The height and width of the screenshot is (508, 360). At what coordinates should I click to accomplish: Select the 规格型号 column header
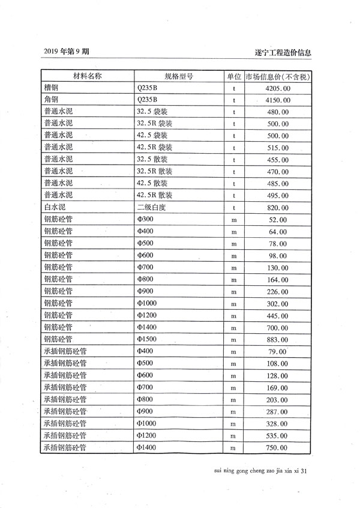179,76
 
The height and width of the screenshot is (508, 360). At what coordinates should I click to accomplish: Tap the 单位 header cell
234,76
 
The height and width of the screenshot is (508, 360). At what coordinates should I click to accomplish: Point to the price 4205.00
278,88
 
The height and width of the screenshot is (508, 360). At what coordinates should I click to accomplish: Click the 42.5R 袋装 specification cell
155,147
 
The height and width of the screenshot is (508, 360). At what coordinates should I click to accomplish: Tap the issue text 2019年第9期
67,52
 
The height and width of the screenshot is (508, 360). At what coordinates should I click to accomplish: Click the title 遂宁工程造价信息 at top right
283,52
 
